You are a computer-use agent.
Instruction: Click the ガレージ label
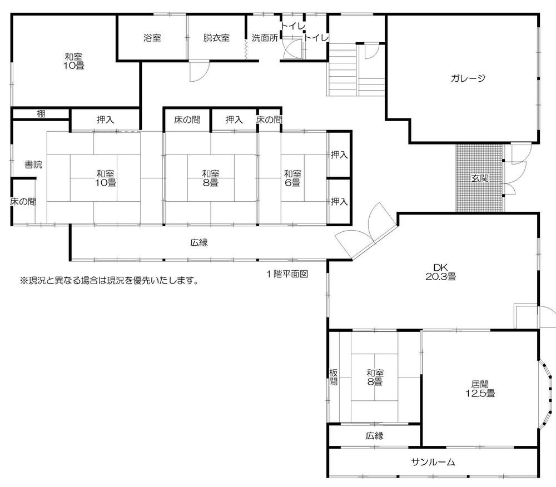pos(468,78)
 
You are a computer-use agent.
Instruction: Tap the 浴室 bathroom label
pos(152,38)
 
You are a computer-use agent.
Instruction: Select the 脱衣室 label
pos(216,38)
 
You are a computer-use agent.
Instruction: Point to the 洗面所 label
pos(265,38)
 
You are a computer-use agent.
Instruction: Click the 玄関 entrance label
pos(480,178)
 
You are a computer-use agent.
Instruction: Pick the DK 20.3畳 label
pos(441,272)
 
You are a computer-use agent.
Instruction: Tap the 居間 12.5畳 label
pos(480,389)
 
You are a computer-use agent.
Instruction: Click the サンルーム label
pos(433,462)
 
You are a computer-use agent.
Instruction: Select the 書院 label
pos(33,165)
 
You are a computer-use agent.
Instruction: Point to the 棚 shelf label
pos(41,114)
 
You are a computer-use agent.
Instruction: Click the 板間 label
pos(333,377)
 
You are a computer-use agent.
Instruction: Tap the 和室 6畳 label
pos(292,178)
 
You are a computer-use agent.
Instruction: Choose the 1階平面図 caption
pos(287,274)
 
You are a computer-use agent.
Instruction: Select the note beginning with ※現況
pos(109,281)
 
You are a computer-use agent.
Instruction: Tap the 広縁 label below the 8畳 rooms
pos(199,243)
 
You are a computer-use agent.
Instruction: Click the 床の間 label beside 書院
pos(23,202)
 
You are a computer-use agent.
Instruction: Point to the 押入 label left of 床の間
pos(234,120)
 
